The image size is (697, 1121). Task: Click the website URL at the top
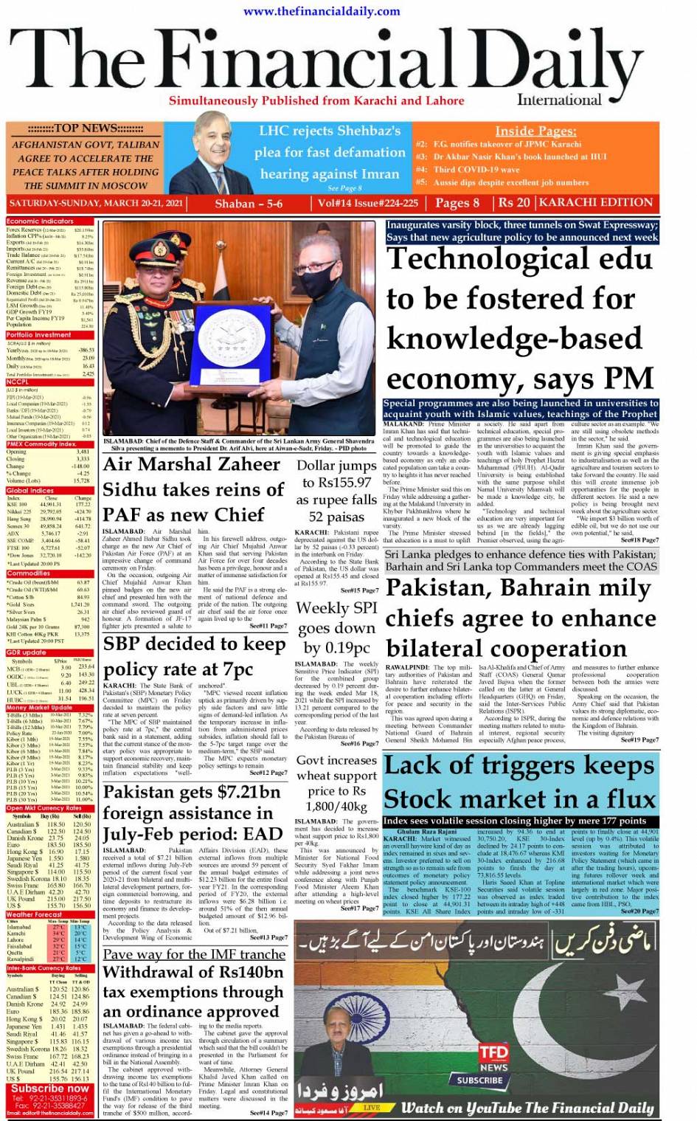(x=322, y=10)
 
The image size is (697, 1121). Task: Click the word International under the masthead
(x=559, y=100)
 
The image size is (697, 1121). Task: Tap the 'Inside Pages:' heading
(x=535, y=131)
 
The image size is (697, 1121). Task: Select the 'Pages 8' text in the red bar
(x=457, y=203)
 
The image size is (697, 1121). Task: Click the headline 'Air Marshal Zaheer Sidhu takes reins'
(x=193, y=489)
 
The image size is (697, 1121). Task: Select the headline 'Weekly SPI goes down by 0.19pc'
(x=336, y=627)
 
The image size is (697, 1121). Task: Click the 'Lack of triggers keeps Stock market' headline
(x=520, y=782)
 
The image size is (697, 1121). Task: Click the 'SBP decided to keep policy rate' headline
(x=194, y=656)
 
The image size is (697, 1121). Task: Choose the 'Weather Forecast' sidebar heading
(x=35, y=914)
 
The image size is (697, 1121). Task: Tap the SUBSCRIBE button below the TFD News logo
(x=479, y=1080)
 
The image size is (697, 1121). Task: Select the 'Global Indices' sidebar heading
(x=30, y=491)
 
